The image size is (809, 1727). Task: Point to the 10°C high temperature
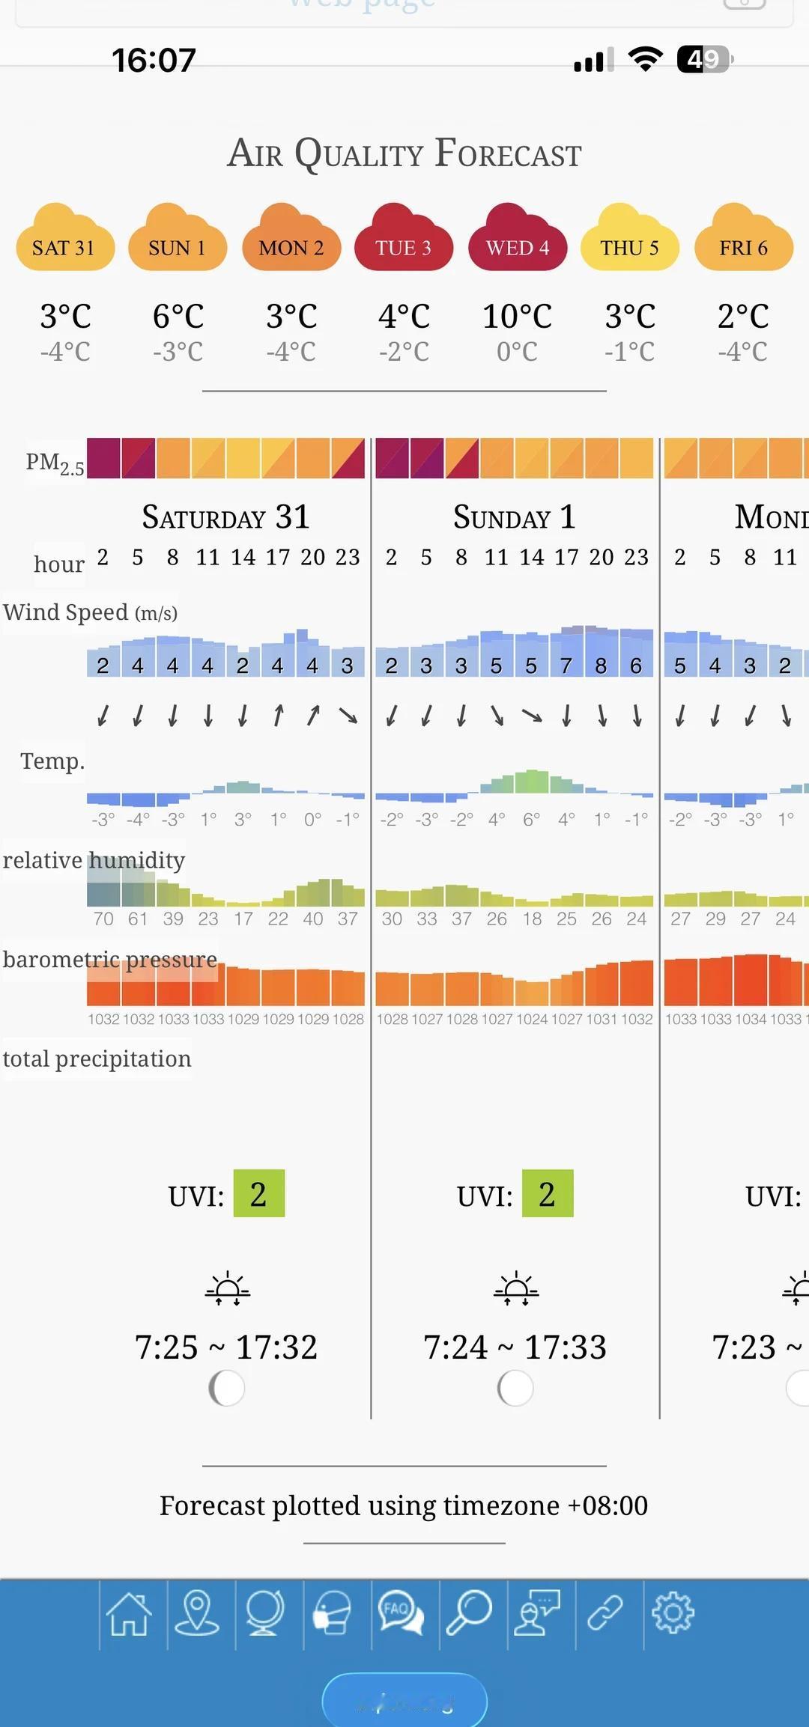click(517, 316)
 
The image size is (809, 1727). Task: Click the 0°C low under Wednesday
click(517, 351)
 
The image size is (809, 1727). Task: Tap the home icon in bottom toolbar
click(130, 1613)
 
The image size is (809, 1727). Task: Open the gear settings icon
click(673, 1613)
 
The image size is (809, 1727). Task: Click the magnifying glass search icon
click(469, 1613)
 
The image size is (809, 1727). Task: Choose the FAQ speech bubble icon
click(401, 1613)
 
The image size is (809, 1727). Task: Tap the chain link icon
click(605, 1613)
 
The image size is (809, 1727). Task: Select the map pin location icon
click(197, 1613)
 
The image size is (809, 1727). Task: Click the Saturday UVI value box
click(258, 1194)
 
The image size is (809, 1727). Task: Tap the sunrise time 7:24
click(455, 1347)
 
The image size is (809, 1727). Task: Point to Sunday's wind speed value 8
click(601, 665)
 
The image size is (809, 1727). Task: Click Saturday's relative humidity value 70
click(103, 919)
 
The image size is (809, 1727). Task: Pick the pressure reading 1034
click(751, 1019)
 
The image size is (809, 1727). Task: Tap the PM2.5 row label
click(55, 463)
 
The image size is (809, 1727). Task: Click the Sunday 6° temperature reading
click(531, 820)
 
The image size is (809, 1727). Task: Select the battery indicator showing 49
click(704, 59)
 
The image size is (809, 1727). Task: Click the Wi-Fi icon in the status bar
click(645, 59)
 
